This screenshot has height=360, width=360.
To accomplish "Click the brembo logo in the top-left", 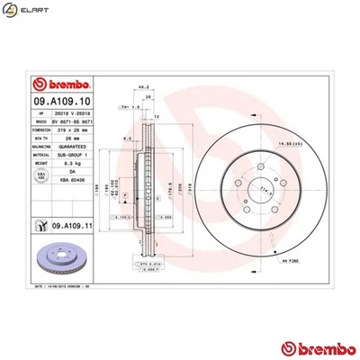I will pos(38,81).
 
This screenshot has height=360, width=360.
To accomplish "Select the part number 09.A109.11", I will pos(75,228).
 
